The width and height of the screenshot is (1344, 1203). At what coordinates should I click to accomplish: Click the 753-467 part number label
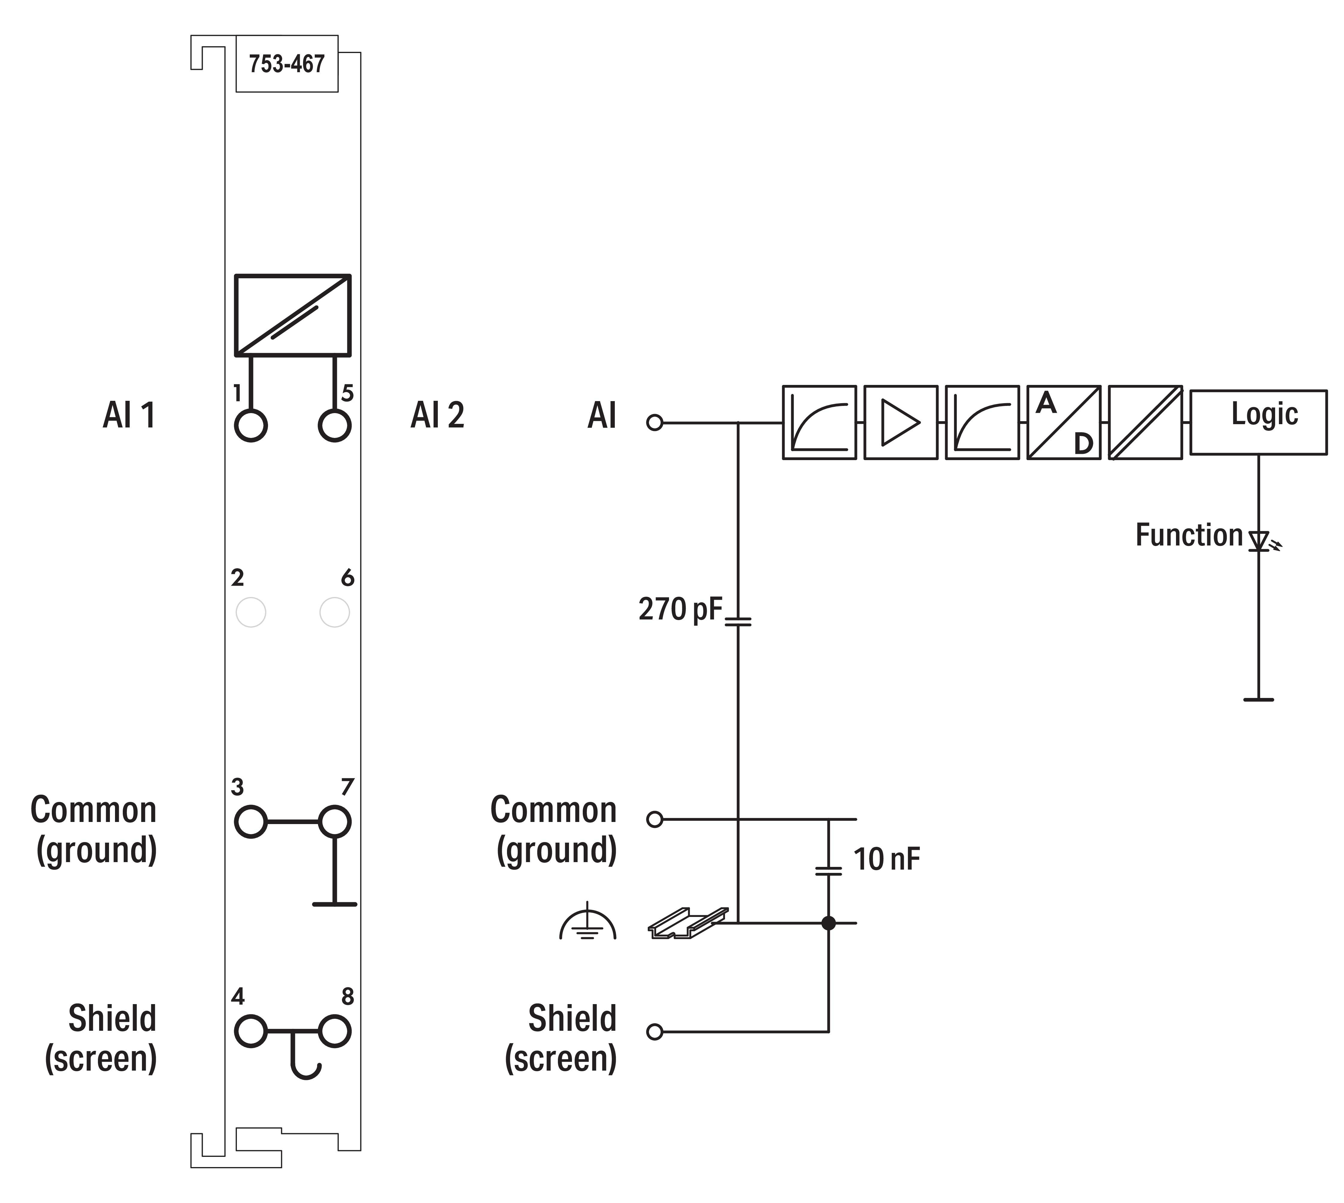pos(287,64)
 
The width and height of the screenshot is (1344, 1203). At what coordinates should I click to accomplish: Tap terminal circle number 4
pos(250,1031)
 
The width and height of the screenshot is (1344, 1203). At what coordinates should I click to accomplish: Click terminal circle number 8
pos(334,1031)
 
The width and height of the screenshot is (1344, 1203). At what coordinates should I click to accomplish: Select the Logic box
pos(1258,422)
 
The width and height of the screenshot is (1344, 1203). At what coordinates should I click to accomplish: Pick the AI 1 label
pos(129,415)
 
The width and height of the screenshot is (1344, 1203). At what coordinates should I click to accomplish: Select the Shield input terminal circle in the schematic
pos(654,1032)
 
